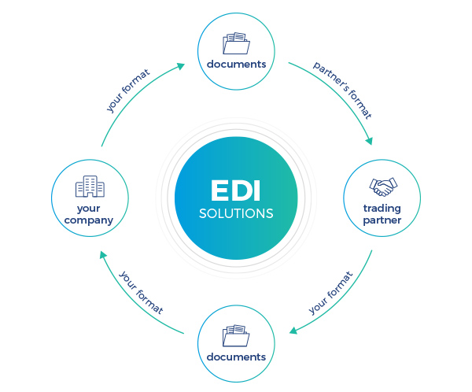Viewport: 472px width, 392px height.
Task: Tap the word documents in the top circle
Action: click(235, 63)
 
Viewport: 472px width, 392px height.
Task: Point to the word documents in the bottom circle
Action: click(235, 357)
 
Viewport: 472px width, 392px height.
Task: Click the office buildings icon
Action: click(89, 187)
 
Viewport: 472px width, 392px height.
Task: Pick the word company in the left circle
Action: click(89, 220)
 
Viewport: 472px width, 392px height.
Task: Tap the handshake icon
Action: click(383, 187)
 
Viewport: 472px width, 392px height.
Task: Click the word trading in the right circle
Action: click(382, 209)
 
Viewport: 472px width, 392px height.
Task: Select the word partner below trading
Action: click(382, 220)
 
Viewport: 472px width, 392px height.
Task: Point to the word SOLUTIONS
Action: click(236, 213)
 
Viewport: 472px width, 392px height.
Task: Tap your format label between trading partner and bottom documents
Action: click(330, 293)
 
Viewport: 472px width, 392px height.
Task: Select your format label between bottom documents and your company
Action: click(142, 292)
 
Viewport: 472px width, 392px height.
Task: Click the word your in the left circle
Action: click(89, 209)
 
